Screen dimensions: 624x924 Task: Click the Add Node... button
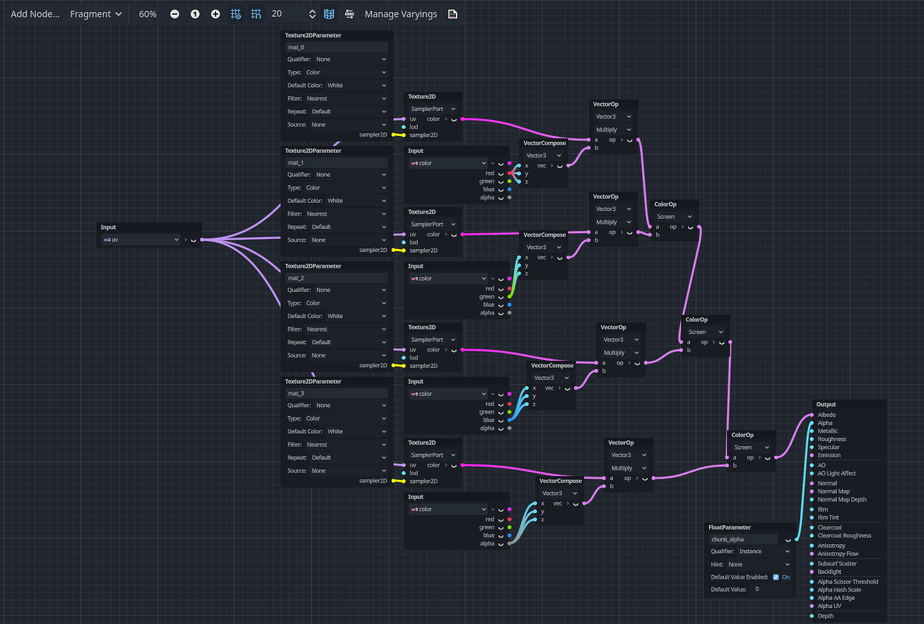click(x=35, y=14)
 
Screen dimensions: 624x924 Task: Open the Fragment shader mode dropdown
click(x=96, y=14)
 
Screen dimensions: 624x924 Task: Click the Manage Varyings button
click(x=400, y=14)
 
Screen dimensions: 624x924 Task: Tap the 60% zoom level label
click(x=147, y=14)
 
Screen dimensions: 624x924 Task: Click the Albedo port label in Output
click(x=826, y=415)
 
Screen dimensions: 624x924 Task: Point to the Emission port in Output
click(x=829, y=455)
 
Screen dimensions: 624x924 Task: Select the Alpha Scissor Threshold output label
click(x=848, y=582)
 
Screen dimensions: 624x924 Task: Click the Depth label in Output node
click(x=826, y=616)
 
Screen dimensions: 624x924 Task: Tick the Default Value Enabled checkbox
click(x=776, y=577)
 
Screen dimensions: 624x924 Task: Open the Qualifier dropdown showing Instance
click(x=763, y=552)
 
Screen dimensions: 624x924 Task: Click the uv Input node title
click(x=108, y=228)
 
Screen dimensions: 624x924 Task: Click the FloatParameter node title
click(x=730, y=528)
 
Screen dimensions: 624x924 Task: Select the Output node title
click(x=826, y=404)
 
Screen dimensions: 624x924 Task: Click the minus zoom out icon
click(x=175, y=14)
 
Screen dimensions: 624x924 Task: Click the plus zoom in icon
click(x=215, y=14)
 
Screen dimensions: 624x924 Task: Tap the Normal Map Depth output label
click(x=842, y=499)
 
